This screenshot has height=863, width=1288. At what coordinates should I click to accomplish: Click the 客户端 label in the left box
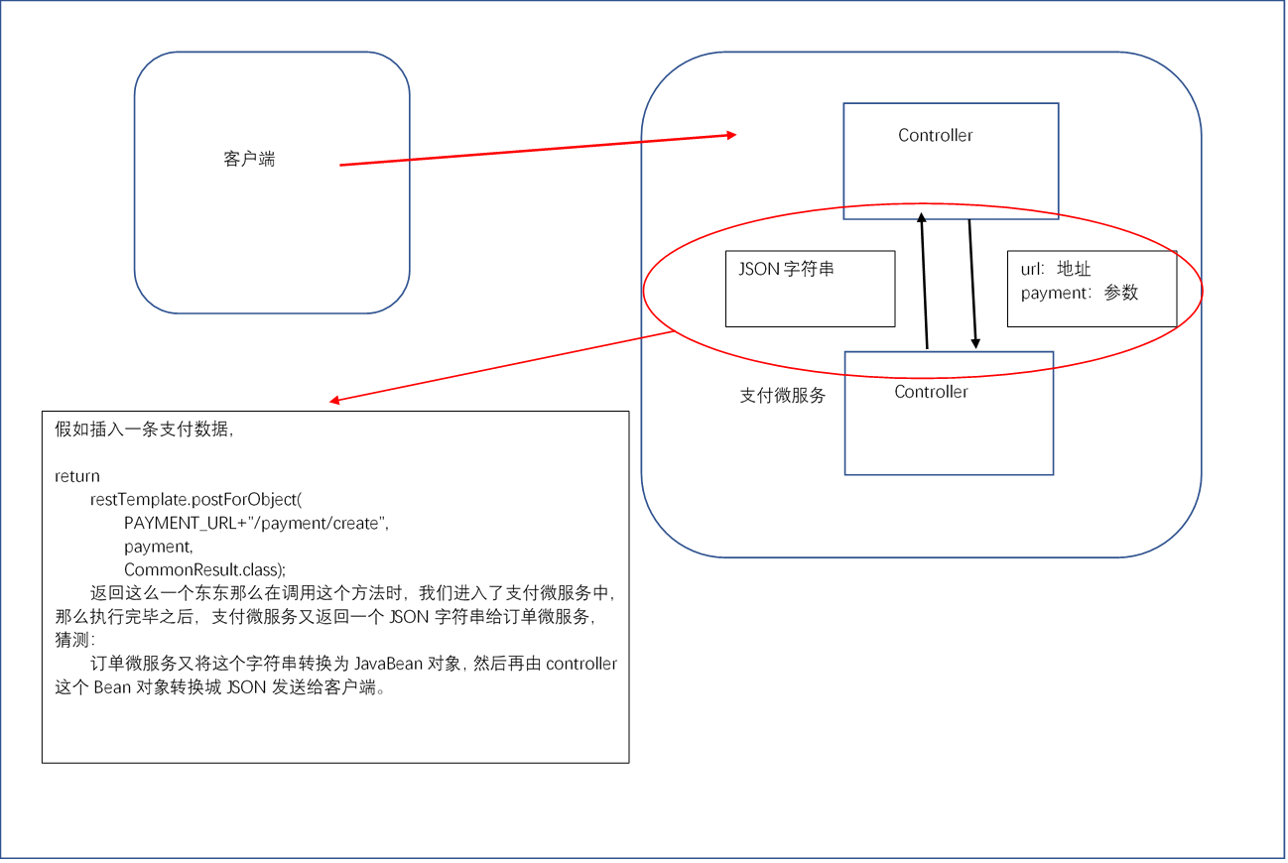click(x=249, y=159)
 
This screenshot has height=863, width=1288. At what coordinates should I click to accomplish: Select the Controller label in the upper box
click(x=935, y=135)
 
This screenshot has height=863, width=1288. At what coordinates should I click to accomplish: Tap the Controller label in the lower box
click(x=931, y=392)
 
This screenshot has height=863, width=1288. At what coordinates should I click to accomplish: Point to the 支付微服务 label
click(x=782, y=396)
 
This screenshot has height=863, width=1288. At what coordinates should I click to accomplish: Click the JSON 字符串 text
click(x=786, y=269)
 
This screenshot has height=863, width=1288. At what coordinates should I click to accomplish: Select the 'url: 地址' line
click(x=1055, y=269)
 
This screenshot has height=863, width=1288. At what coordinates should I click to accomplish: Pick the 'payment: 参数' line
click(x=1080, y=293)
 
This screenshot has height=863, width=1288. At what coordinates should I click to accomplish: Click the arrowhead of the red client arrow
click(x=731, y=135)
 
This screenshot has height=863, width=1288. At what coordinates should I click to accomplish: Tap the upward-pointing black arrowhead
click(x=921, y=218)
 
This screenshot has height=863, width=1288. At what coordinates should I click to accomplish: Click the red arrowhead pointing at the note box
click(x=334, y=400)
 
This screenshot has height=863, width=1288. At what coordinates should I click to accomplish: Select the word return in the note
click(x=77, y=476)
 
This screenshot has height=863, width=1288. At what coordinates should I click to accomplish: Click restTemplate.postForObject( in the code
click(x=195, y=500)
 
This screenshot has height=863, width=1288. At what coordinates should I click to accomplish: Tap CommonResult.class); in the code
click(x=204, y=569)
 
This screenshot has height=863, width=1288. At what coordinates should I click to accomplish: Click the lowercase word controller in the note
click(x=581, y=664)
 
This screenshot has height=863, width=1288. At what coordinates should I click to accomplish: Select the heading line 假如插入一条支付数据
click(x=144, y=429)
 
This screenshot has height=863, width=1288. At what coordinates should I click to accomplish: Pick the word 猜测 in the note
click(x=72, y=640)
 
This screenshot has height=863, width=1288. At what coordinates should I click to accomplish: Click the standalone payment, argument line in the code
click(x=158, y=547)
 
